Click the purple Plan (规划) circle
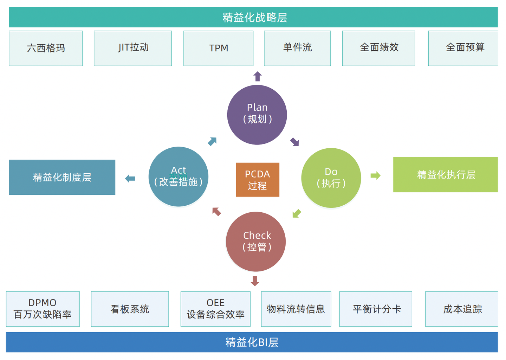coord(257,115)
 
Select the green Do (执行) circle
coord(331,178)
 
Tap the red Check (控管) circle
coord(256,242)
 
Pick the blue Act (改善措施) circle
coord(179,176)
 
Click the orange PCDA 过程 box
coord(258,180)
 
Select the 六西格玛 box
coord(46,48)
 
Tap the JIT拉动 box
coord(133,48)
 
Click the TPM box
coord(218,48)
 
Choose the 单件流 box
coord(297,48)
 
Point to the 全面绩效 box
coord(378,48)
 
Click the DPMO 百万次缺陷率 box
coord(43,309)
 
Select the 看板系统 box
coord(130,309)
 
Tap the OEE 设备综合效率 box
coord(215,309)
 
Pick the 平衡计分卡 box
coord(376,309)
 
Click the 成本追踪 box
coord(462,309)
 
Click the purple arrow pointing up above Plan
coord(258,76)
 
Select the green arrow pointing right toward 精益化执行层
coord(375,175)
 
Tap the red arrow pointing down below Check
coord(255,281)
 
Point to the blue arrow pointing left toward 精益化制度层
coord(130,179)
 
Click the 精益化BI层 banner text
coord(252,342)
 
